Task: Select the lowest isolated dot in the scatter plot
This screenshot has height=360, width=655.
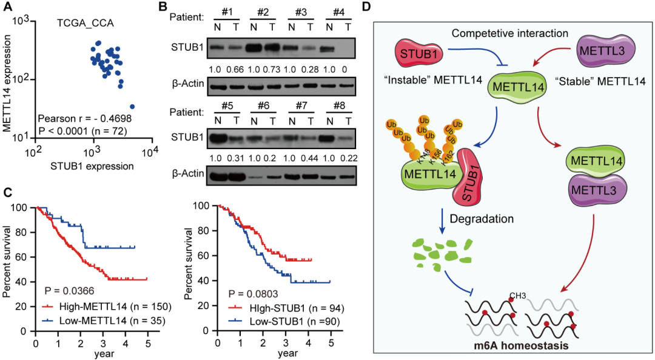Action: [x=132, y=107]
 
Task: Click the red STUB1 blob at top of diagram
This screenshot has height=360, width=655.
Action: [x=418, y=54]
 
